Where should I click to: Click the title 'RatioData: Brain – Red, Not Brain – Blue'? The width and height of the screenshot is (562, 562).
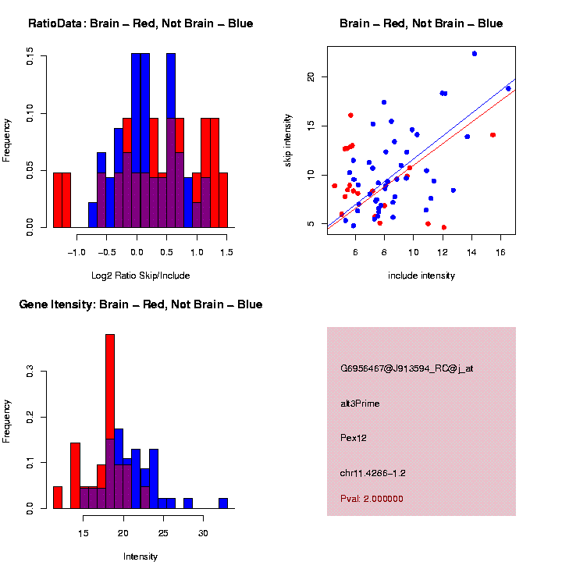tap(140, 23)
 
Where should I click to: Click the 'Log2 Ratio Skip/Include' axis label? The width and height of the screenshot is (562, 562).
tap(140, 276)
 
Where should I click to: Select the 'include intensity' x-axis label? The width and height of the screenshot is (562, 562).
tap(421, 276)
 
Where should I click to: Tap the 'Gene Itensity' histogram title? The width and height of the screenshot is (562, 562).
tap(140, 304)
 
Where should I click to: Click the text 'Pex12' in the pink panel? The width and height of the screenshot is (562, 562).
tap(354, 438)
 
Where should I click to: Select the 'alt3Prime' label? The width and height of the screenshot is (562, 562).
tap(360, 404)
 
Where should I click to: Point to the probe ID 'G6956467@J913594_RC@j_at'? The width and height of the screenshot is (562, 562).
tap(407, 368)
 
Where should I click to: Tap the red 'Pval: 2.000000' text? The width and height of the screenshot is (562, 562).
tap(372, 498)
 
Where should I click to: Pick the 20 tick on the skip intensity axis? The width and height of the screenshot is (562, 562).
tap(310, 77)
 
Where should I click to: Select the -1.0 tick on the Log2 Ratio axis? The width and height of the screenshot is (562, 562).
tap(76, 252)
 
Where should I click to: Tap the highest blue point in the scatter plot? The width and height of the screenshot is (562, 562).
tap(474, 54)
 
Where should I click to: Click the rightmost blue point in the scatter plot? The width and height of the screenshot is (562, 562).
tap(508, 88)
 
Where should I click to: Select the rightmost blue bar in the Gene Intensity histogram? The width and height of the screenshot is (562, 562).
tap(223, 503)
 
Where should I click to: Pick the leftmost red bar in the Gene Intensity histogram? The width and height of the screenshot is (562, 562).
tap(58, 497)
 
